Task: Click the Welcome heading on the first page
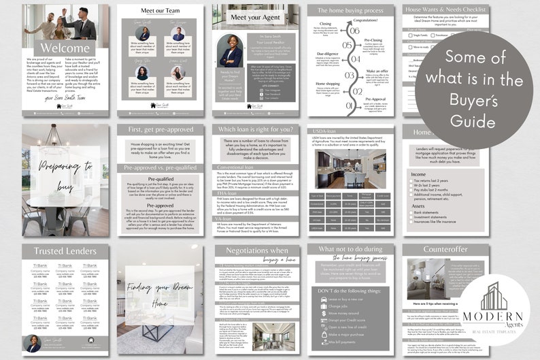tap(65, 48)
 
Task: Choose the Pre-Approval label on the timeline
tap(376, 99)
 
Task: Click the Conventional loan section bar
tap(236, 167)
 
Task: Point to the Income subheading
tap(419, 174)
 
